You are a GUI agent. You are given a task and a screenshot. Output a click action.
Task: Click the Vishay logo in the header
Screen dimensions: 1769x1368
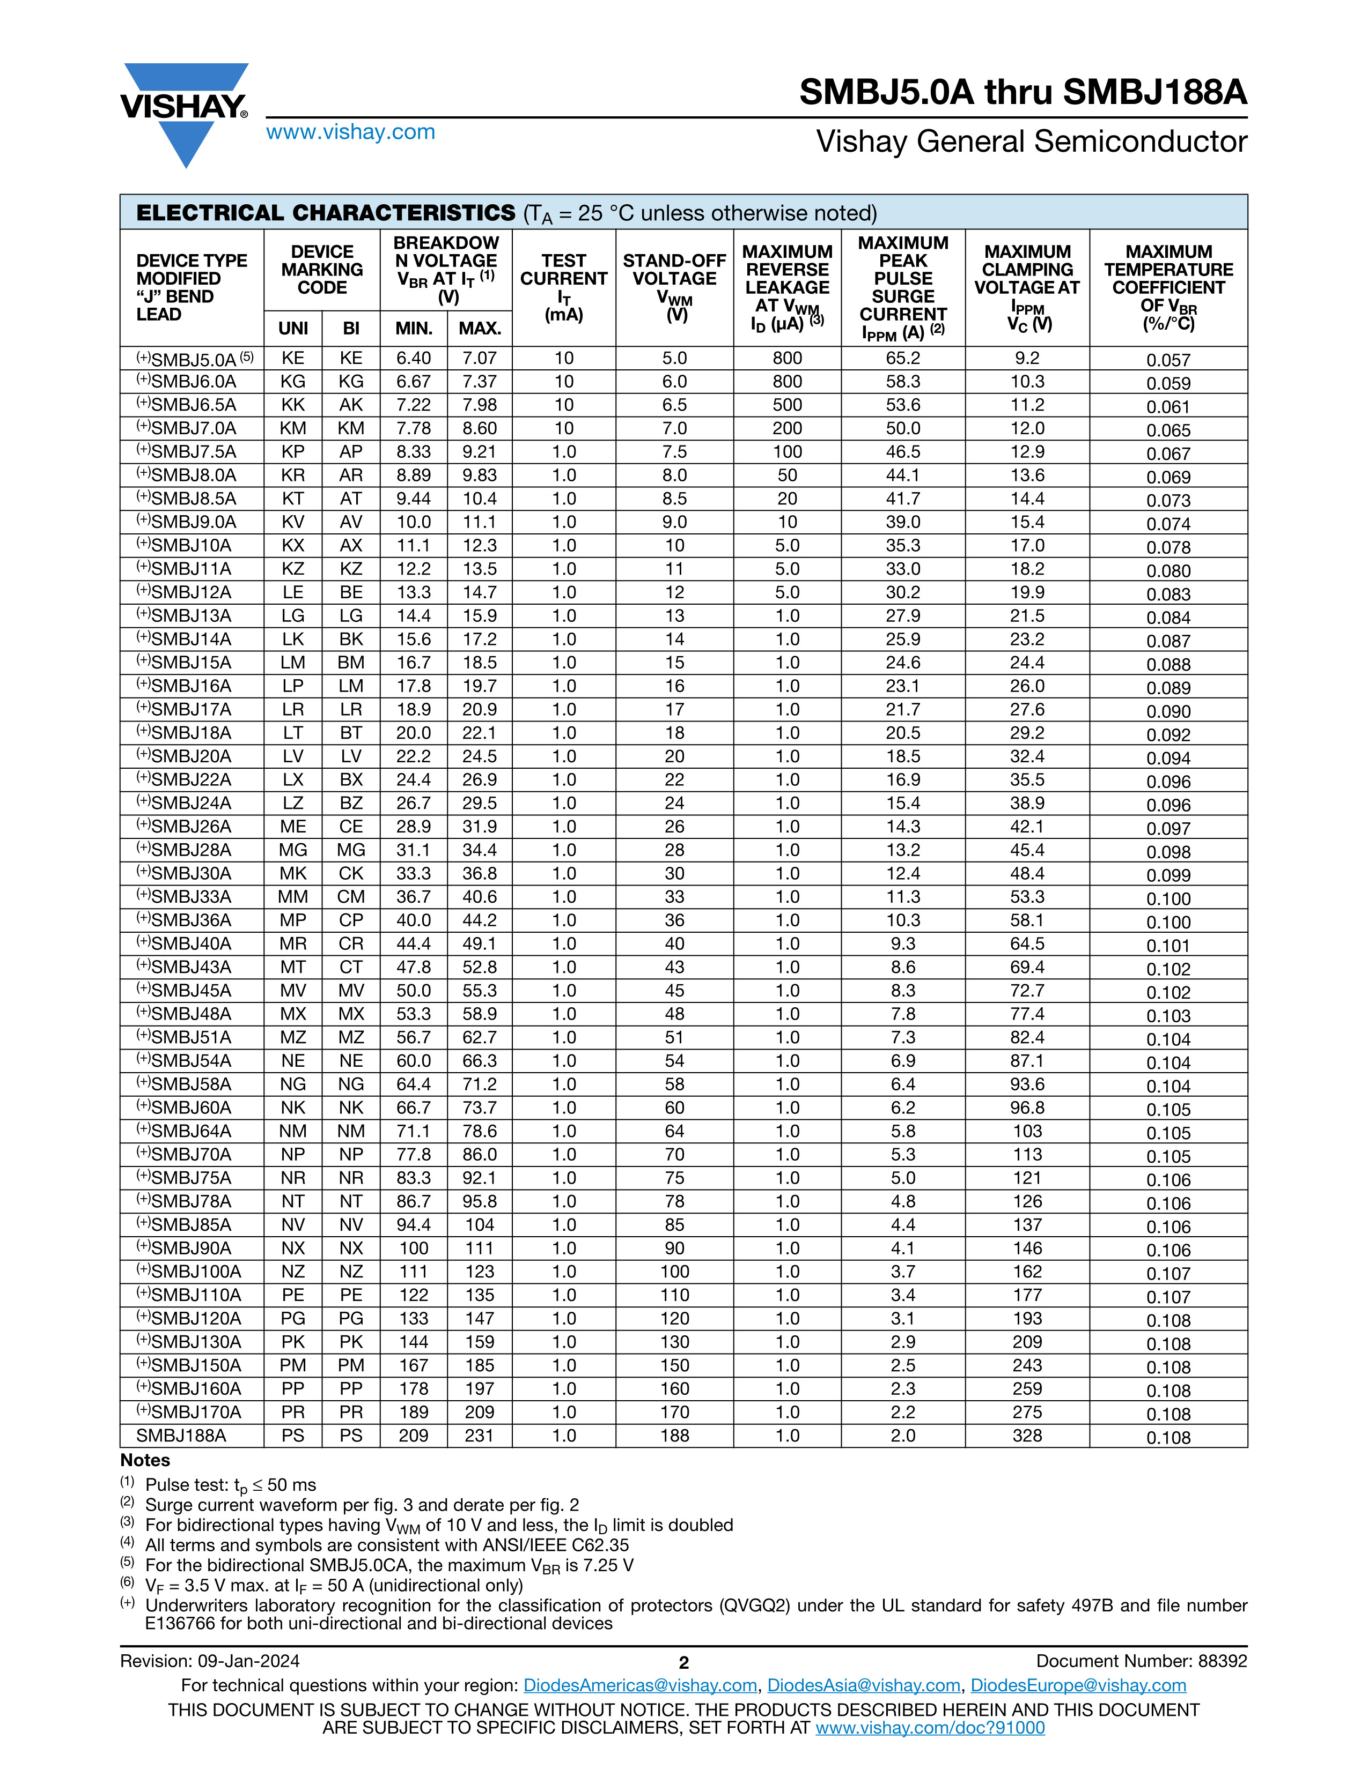click(184, 114)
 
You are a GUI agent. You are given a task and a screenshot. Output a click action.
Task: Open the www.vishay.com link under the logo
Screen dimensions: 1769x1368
click(350, 132)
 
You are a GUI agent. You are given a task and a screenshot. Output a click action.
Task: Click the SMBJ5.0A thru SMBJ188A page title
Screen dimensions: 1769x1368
click(1023, 92)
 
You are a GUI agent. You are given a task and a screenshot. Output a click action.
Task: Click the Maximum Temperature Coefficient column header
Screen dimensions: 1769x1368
click(1168, 287)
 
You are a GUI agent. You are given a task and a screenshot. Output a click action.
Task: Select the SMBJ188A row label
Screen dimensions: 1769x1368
click(181, 1436)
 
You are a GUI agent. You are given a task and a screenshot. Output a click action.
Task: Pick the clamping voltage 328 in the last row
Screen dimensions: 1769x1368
click(1027, 1436)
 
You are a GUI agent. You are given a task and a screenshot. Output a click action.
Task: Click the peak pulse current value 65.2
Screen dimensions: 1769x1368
click(903, 359)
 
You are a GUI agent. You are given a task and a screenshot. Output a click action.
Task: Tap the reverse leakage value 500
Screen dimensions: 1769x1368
click(787, 405)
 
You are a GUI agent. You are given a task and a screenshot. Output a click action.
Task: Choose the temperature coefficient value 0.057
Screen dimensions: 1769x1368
click(1168, 360)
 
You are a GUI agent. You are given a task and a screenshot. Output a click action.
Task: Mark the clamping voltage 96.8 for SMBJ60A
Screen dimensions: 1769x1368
click(1027, 1108)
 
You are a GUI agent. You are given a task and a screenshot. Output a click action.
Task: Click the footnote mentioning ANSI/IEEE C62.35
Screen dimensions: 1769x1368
click(387, 1545)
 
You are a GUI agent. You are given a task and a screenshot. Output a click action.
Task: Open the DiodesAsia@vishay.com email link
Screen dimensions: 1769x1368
click(863, 1685)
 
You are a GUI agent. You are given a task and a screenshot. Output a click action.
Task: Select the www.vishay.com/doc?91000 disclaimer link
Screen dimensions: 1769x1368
click(930, 1728)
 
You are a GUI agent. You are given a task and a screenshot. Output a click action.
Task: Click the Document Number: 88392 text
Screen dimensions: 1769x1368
click(1141, 1661)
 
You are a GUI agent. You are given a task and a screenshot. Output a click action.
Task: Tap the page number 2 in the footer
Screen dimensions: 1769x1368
click(683, 1663)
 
